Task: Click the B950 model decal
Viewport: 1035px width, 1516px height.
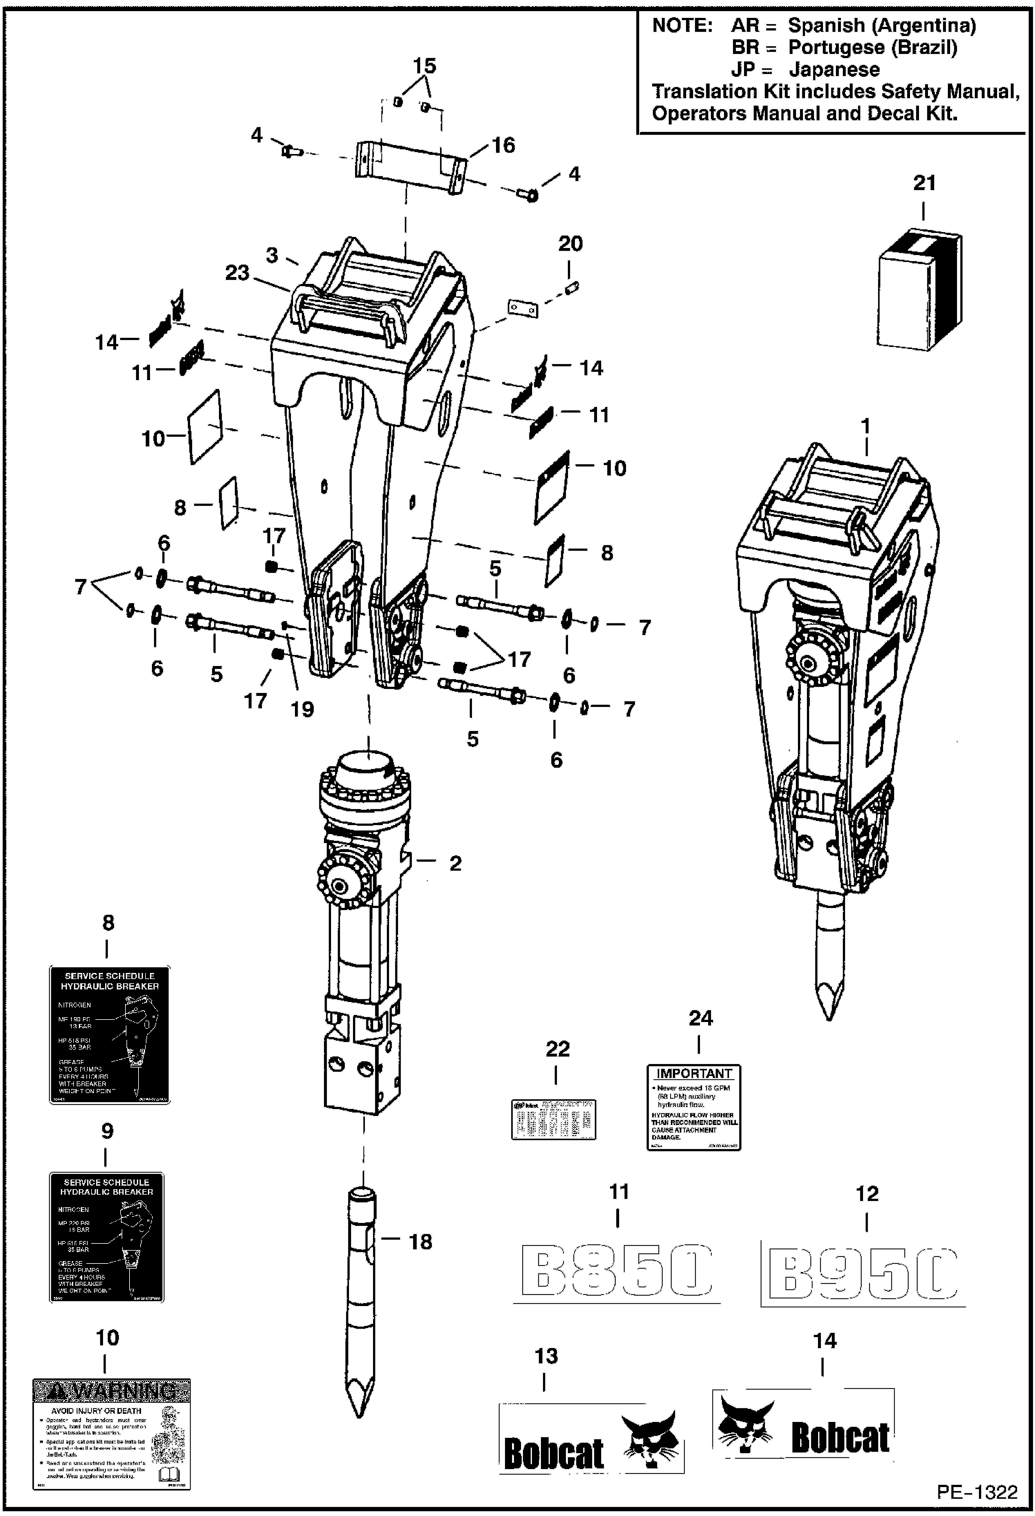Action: tap(862, 1272)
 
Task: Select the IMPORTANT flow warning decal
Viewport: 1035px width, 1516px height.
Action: tap(694, 1107)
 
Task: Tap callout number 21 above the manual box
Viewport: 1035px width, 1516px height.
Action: tap(924, 183)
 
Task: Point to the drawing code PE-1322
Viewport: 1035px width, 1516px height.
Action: tap(977, 1493)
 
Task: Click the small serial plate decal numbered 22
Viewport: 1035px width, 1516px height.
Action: tap(553, 1119)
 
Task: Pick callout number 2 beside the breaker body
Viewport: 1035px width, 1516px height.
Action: tap(455, 863)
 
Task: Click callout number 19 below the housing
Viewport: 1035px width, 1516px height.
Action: tap(302, 709)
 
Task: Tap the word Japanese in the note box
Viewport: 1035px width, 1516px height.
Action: tap(834, 70)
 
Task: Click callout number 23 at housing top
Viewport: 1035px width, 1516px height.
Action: tap(237, 273)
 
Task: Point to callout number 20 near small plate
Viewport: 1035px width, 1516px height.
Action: tap(570, 244)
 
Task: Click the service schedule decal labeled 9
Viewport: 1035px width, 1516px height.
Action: tap(106, 1238)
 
